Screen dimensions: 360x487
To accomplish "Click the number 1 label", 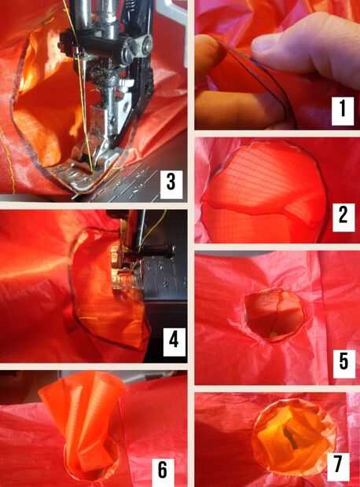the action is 343,111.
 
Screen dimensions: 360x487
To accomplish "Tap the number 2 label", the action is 343,218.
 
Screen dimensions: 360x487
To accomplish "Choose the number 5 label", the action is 343,364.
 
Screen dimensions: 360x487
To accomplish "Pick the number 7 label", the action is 338,467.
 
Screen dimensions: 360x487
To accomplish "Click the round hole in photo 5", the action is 274,315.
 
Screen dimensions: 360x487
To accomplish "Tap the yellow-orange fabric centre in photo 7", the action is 289,435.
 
